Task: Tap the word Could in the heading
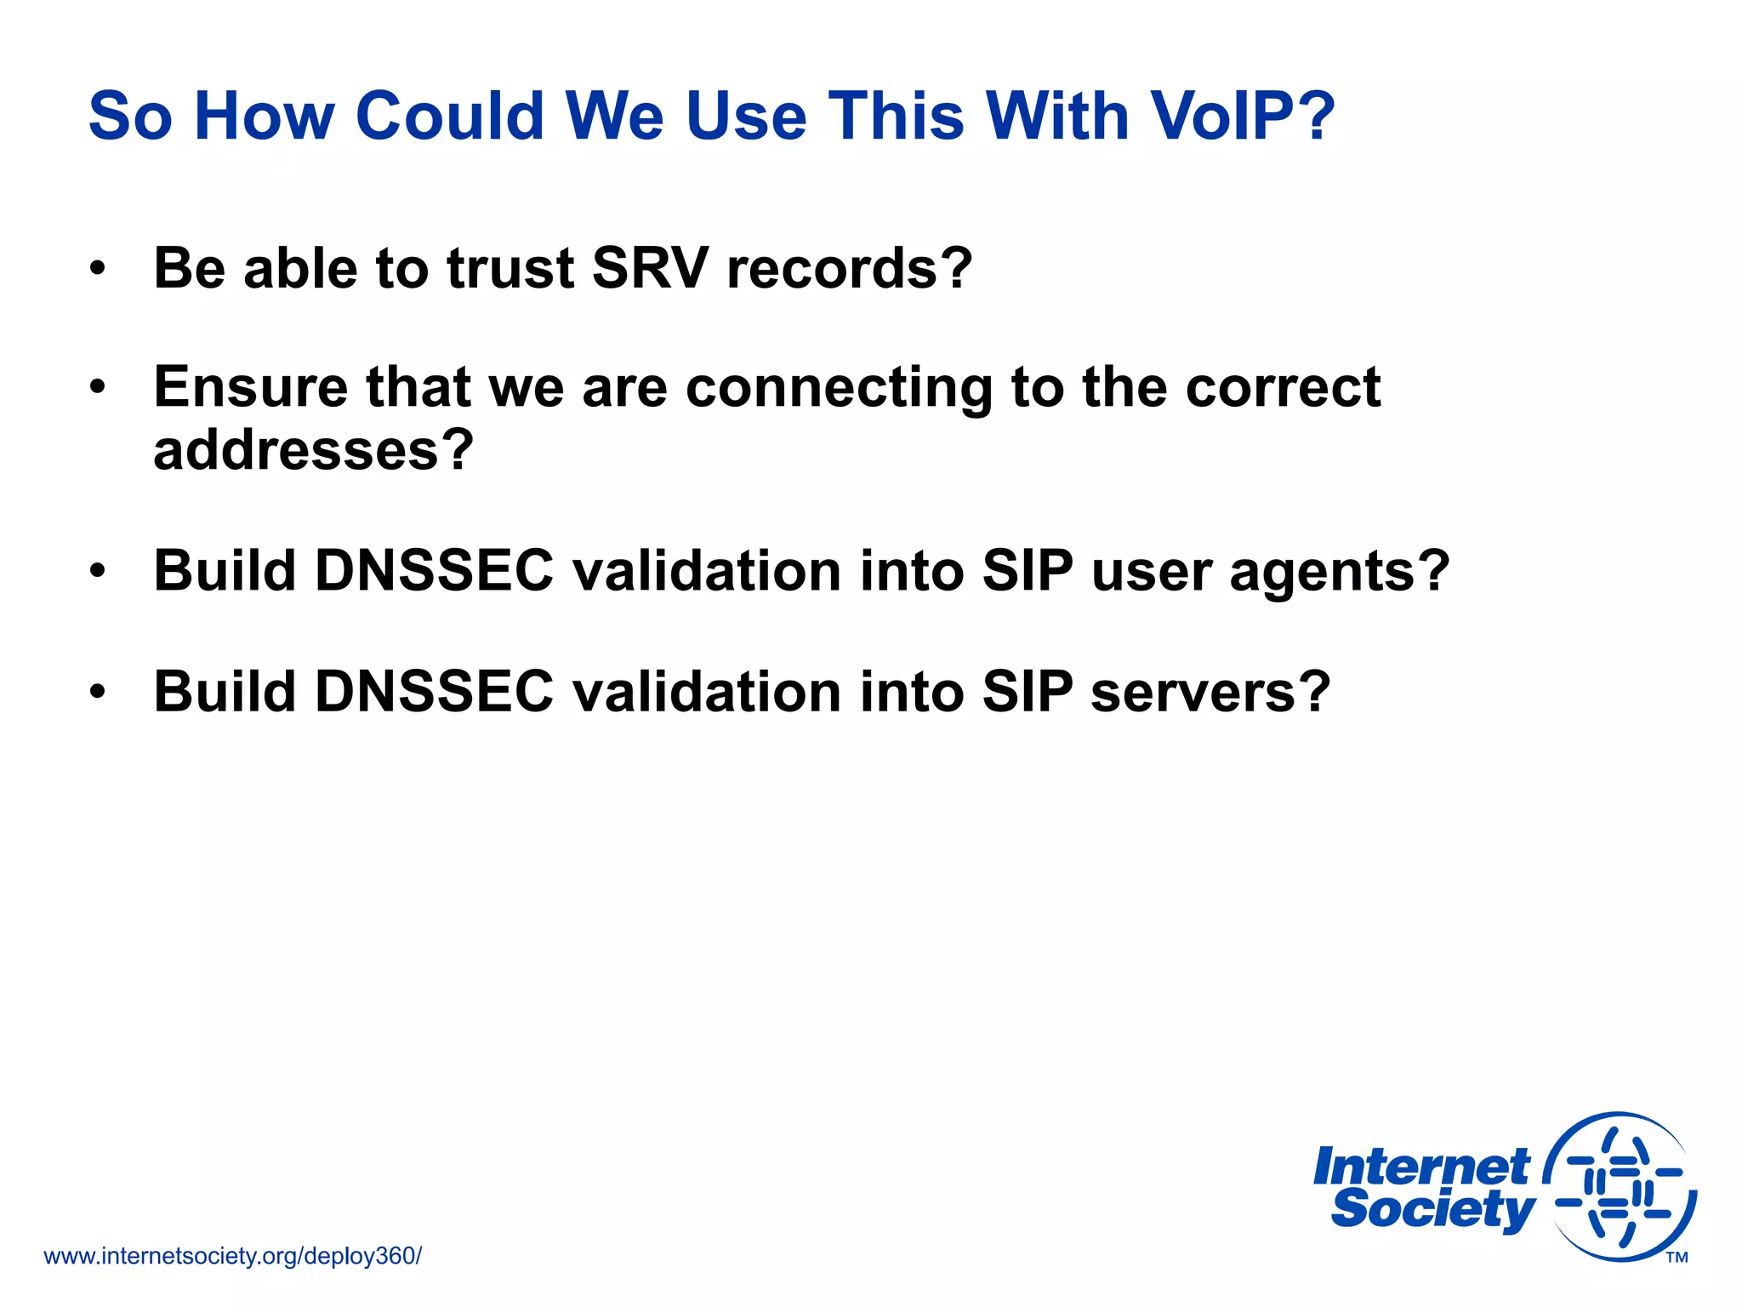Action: pos(450,116)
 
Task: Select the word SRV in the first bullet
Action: pos(649,269)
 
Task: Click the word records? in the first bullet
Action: pos(850,269)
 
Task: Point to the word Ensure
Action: pos(250,387)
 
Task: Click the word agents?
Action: pos(1340,572)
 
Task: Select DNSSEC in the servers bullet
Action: pos(434,691)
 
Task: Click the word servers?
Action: pos(1210,692)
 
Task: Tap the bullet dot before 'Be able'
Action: pos(98,269)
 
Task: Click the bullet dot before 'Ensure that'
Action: pos(98,388)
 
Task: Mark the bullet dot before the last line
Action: pos(98,691)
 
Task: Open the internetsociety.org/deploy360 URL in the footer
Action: pos(232,1256)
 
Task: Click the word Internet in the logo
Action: pos(1421,1167)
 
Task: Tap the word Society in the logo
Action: pos(1433,1209)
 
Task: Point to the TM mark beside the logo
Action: pos(1677,1258)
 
